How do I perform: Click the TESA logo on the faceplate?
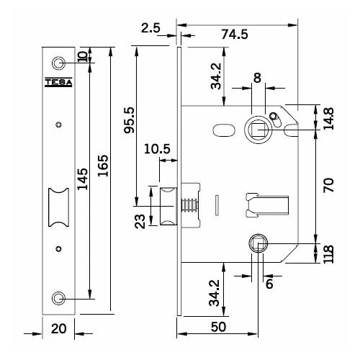click(58, 81)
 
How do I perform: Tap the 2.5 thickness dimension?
click(151, 30)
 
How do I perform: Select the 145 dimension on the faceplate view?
click(84, 177)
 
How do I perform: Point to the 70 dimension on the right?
click(330, 186)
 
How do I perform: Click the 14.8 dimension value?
click(329, 118)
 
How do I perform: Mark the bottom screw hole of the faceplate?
click(58, 297)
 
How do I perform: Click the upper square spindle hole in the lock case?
click(257, 128)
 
